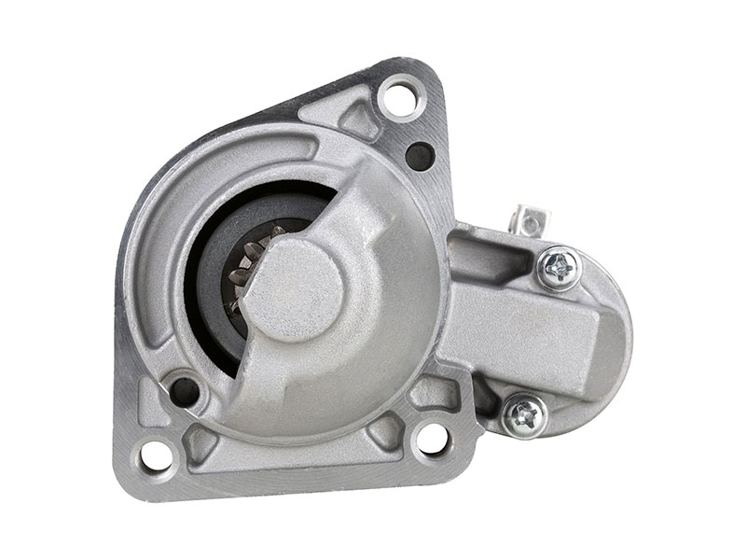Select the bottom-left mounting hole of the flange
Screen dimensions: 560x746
pos(158,455)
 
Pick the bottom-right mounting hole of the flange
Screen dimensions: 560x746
pos(430,439)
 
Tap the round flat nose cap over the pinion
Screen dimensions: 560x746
pos(297,289)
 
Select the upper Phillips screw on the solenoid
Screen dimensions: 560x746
pos(559,268)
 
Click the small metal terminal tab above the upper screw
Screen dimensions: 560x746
pos(530,223)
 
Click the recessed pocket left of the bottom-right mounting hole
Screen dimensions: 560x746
pos(383,431)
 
